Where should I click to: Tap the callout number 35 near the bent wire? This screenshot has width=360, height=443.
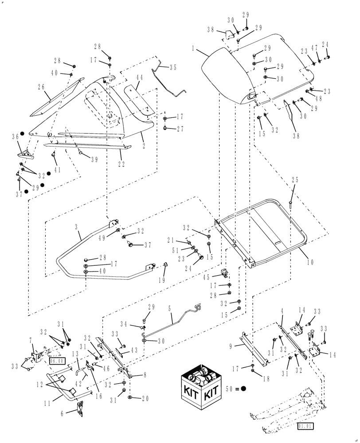[172, 68]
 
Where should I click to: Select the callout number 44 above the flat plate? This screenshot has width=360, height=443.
[139, 78]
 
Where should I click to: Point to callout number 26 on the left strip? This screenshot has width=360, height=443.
[41, 87]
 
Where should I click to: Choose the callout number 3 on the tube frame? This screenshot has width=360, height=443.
[77, 226]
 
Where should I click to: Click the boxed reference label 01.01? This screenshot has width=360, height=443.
[304, 427]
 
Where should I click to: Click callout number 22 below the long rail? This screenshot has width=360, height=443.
[121, 163]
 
